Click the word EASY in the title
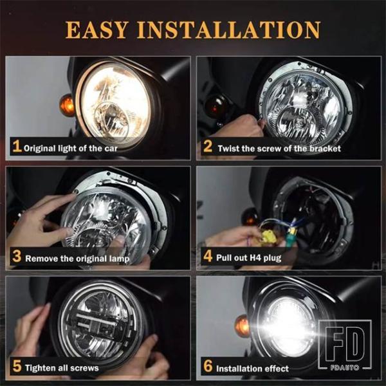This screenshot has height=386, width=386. [x=97, y=30]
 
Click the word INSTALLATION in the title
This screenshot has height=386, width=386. [x=228, y=30]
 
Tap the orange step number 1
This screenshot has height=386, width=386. [x=17, y=147]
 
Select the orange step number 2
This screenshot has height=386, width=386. [x=208, y=147]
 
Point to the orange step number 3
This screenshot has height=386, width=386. [x=17, y=256]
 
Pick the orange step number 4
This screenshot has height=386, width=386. [x=208, y=256]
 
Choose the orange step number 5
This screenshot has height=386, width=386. [x=17, y=366]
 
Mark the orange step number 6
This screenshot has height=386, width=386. [x=208, y=366]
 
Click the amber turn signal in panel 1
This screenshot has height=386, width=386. [x=67, y=106]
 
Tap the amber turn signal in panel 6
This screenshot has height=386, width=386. [x=243, y=326]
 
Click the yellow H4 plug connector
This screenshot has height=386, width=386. [x=269, y=236]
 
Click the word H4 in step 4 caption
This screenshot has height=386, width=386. [x=255, y=257]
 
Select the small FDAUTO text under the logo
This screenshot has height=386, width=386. [x=345, y=367]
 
